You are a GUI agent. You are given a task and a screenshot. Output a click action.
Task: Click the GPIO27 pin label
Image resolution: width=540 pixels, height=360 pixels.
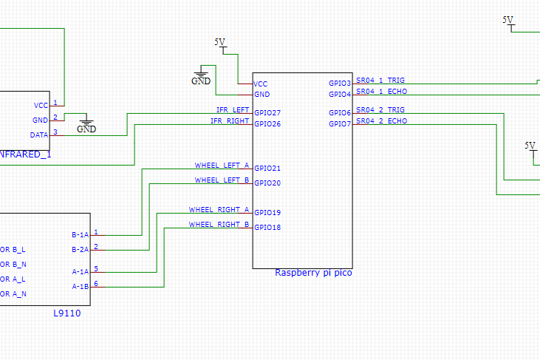click(267, 113)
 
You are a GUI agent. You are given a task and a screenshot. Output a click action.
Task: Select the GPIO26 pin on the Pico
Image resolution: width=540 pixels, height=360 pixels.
click(267, 123)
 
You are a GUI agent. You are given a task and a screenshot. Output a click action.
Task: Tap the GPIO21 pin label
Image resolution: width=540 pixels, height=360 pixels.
click(267, 169)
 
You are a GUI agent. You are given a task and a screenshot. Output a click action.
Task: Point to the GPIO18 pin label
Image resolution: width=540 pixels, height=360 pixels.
click(267, 228)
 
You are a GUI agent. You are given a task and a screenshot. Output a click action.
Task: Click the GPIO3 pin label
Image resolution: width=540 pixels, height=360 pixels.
click(340, 84)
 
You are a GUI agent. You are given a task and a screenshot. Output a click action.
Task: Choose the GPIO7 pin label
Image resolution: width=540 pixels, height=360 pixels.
click(340, 123)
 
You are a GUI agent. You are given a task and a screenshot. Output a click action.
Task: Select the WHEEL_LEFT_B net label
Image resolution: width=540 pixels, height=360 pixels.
click(222, 180)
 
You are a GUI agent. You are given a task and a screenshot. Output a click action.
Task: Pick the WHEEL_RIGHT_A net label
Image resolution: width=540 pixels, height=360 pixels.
click(219, 209)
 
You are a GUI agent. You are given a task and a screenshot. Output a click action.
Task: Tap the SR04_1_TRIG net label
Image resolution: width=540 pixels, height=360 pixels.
click(380, 81)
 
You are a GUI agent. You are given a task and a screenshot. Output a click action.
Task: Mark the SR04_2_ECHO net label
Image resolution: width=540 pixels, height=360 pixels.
click(381, 120)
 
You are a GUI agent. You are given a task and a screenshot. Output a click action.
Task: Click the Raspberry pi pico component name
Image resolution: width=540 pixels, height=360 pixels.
click(313, 273)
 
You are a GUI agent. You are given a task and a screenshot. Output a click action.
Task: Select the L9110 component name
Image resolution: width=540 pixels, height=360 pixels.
click(67, 313)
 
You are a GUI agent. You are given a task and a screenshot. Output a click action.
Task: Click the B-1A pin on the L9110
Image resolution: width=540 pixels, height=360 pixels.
click(80, 235)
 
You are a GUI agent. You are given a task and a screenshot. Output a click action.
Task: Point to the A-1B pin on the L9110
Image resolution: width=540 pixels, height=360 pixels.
click(80, 286)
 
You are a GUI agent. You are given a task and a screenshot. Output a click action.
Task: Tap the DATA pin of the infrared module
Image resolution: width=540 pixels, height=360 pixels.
click(39, 135)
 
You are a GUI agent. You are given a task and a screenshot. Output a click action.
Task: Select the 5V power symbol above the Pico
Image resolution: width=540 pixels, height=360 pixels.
click(220, 44)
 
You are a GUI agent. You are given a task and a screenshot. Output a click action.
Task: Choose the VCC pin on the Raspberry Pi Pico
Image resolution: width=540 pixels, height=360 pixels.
click(260, 84)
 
